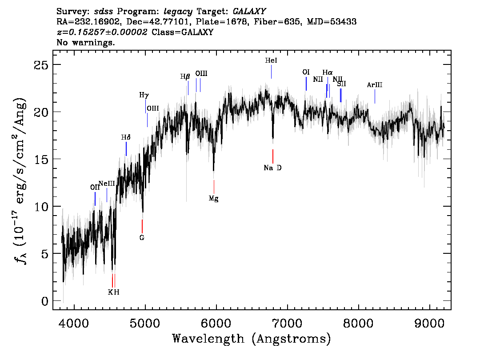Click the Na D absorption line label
pyautogui.click(x=272, y=168)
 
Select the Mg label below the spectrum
pyautogui.click(x=214, y=199)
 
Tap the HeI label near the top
pyautogui.click(x=271, y=60)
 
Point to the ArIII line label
pyautogui.click(x=375, y=85)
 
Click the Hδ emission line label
pyautogui.click(x=126, y=137)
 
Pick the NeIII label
pyautogui.click(x=107, y=184)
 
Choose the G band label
pyautogui.click(x=142, y=238)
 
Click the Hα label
pyautogui.click(x=328, y=72)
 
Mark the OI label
pyautogui.click(x=306, y=72)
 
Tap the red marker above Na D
pyautogui.click(x=273, y=156)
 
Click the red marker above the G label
pyautogui.click(x=142, y=226)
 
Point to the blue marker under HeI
pyautogui.click(x=271, y=72)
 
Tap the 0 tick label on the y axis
pyautogui.click(x=45, y=301)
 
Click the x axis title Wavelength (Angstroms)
pyautogui.click(x=252, y=339)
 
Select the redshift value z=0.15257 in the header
pyautogui.click(x=102, y=32)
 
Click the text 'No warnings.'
pyautogui.click(x=86, y=43)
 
